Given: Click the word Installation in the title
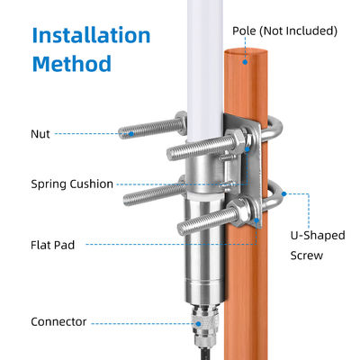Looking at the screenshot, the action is coord(91,35).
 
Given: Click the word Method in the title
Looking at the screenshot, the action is coord(72,64).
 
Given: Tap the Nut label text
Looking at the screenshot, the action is coord(40,134).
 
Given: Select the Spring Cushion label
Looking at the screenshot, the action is coord(72,184).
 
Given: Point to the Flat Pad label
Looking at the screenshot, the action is coord(53,245).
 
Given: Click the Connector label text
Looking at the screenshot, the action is coord(58,321).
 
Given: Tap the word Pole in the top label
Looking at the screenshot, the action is coord(244,31).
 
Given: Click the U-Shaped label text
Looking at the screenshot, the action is coord(318,236).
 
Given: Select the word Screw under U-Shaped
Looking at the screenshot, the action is coord(307,256).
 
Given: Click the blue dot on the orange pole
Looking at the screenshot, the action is coord(245,62).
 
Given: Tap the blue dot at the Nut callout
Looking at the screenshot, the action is coord(131,134).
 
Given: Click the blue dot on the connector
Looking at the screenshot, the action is coord(198,324).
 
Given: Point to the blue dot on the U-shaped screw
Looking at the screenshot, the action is coord(284,194).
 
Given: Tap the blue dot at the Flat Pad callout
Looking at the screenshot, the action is coord(256,220).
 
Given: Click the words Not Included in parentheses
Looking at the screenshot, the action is coord(298,31).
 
